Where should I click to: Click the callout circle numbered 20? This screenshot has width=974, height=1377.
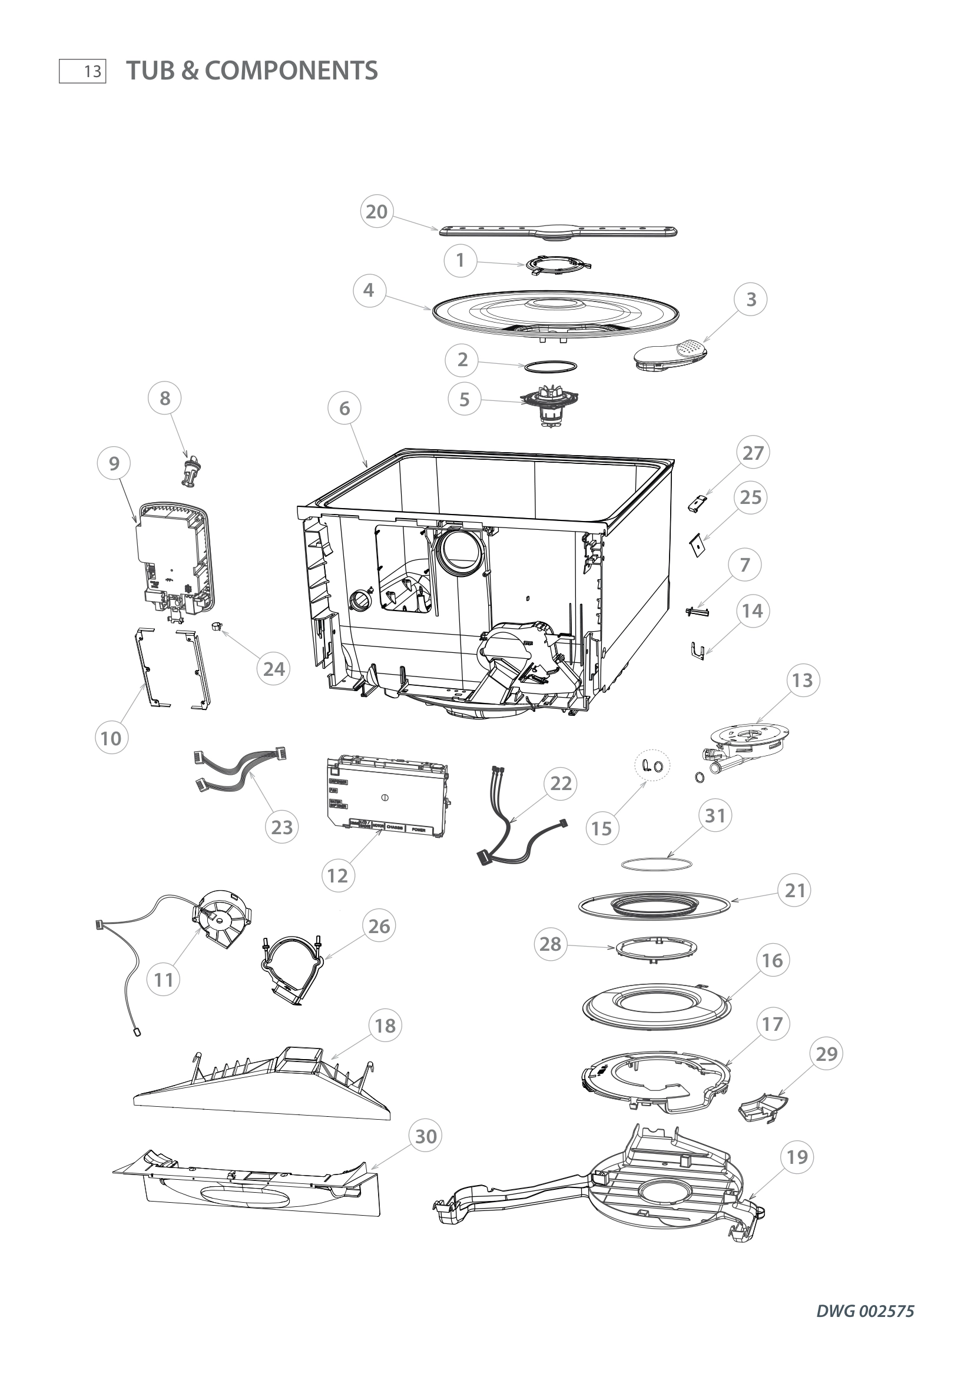(377, 212)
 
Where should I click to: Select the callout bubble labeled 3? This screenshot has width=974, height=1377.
(751, 299)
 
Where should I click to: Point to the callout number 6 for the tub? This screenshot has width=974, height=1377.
(344, 409)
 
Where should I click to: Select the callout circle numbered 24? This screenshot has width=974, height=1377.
(274, 669)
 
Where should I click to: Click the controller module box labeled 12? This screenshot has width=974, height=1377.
(387, 795)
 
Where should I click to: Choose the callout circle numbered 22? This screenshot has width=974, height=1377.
(561, 783)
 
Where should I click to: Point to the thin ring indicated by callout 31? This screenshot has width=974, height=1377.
(657, 864)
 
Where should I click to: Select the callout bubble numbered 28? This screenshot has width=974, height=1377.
(550, 944)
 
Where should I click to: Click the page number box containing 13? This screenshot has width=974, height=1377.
(82, 72)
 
